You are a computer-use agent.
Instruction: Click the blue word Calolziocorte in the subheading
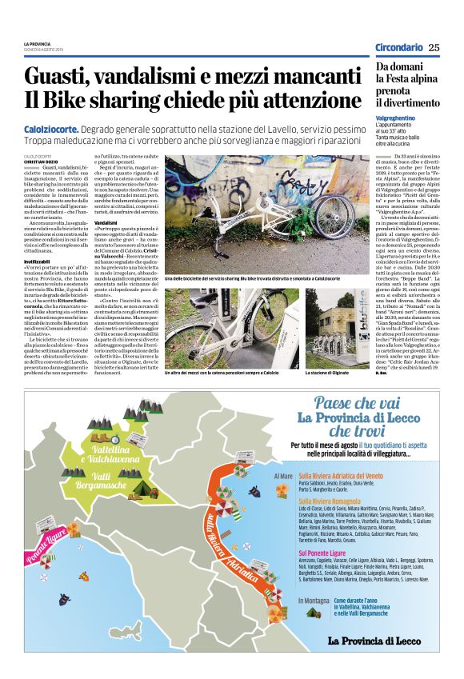coord(51,129)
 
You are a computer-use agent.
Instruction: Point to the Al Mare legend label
coord(284,474)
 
